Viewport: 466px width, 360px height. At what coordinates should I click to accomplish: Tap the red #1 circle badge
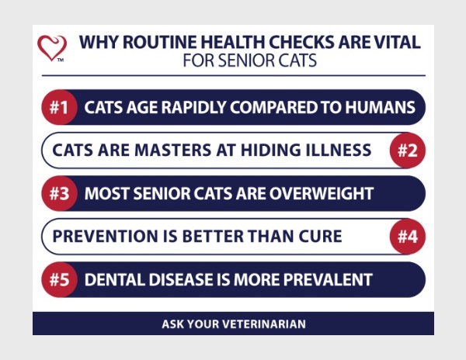(59, 107)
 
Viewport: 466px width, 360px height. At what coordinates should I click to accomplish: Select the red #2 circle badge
(408, 151)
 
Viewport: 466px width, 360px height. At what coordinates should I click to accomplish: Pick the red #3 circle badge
(59, 193)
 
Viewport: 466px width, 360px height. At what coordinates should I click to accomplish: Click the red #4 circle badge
(408, 237)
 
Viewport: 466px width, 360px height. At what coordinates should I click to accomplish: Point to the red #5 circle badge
(59, 279)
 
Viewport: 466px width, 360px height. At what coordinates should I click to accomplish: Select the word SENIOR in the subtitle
(242, 61)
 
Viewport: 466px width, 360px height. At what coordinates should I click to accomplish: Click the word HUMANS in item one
(380, 107)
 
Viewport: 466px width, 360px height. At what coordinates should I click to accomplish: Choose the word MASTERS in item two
(172, 150)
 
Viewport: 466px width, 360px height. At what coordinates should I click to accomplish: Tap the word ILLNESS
(336, 150)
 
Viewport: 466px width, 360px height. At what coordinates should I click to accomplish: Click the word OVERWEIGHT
(322, 193)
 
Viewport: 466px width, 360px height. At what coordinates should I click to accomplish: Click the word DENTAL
(115, 279)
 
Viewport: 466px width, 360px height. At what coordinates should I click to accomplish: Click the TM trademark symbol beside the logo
(61, 61)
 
